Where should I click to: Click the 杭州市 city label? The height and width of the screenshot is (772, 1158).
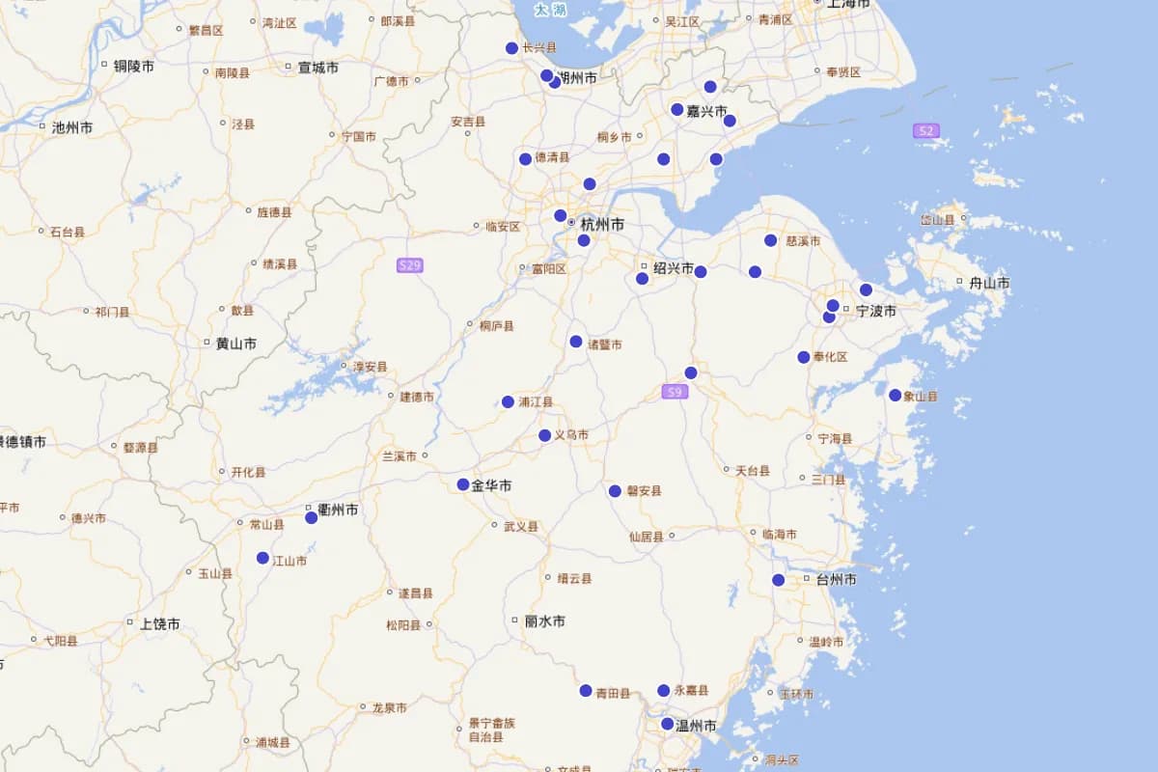(601, 225)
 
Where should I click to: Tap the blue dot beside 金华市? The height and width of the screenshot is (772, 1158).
(463, 484)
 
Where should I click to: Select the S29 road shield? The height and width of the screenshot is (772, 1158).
(410, 265)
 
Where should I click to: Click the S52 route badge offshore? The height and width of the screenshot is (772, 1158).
(926, 130)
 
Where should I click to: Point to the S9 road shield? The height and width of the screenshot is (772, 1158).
(675, 392)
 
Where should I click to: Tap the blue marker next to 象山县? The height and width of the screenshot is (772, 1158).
(896, 395)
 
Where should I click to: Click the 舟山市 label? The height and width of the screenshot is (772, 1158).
(989, 283)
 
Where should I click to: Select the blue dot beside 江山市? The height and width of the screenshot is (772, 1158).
(262, 558)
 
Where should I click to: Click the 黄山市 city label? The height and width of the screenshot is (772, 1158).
(235, 344)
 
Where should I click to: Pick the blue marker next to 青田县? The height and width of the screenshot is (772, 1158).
(586, 690)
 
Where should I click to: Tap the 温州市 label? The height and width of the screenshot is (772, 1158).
(695, 726)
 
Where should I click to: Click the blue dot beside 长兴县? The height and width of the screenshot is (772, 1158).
(511, 48)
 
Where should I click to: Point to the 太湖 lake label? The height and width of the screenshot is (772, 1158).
(551, 10)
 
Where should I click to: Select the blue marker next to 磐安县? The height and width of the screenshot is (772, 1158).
(615, 491)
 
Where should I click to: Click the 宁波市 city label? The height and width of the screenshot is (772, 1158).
(875, 312)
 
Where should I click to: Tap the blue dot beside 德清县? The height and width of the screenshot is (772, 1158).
(525, 159)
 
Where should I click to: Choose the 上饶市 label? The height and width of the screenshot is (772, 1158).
(159, 624)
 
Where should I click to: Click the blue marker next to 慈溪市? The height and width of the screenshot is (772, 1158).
(771, 240)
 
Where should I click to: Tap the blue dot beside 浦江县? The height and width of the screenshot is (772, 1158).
(508, 401)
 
